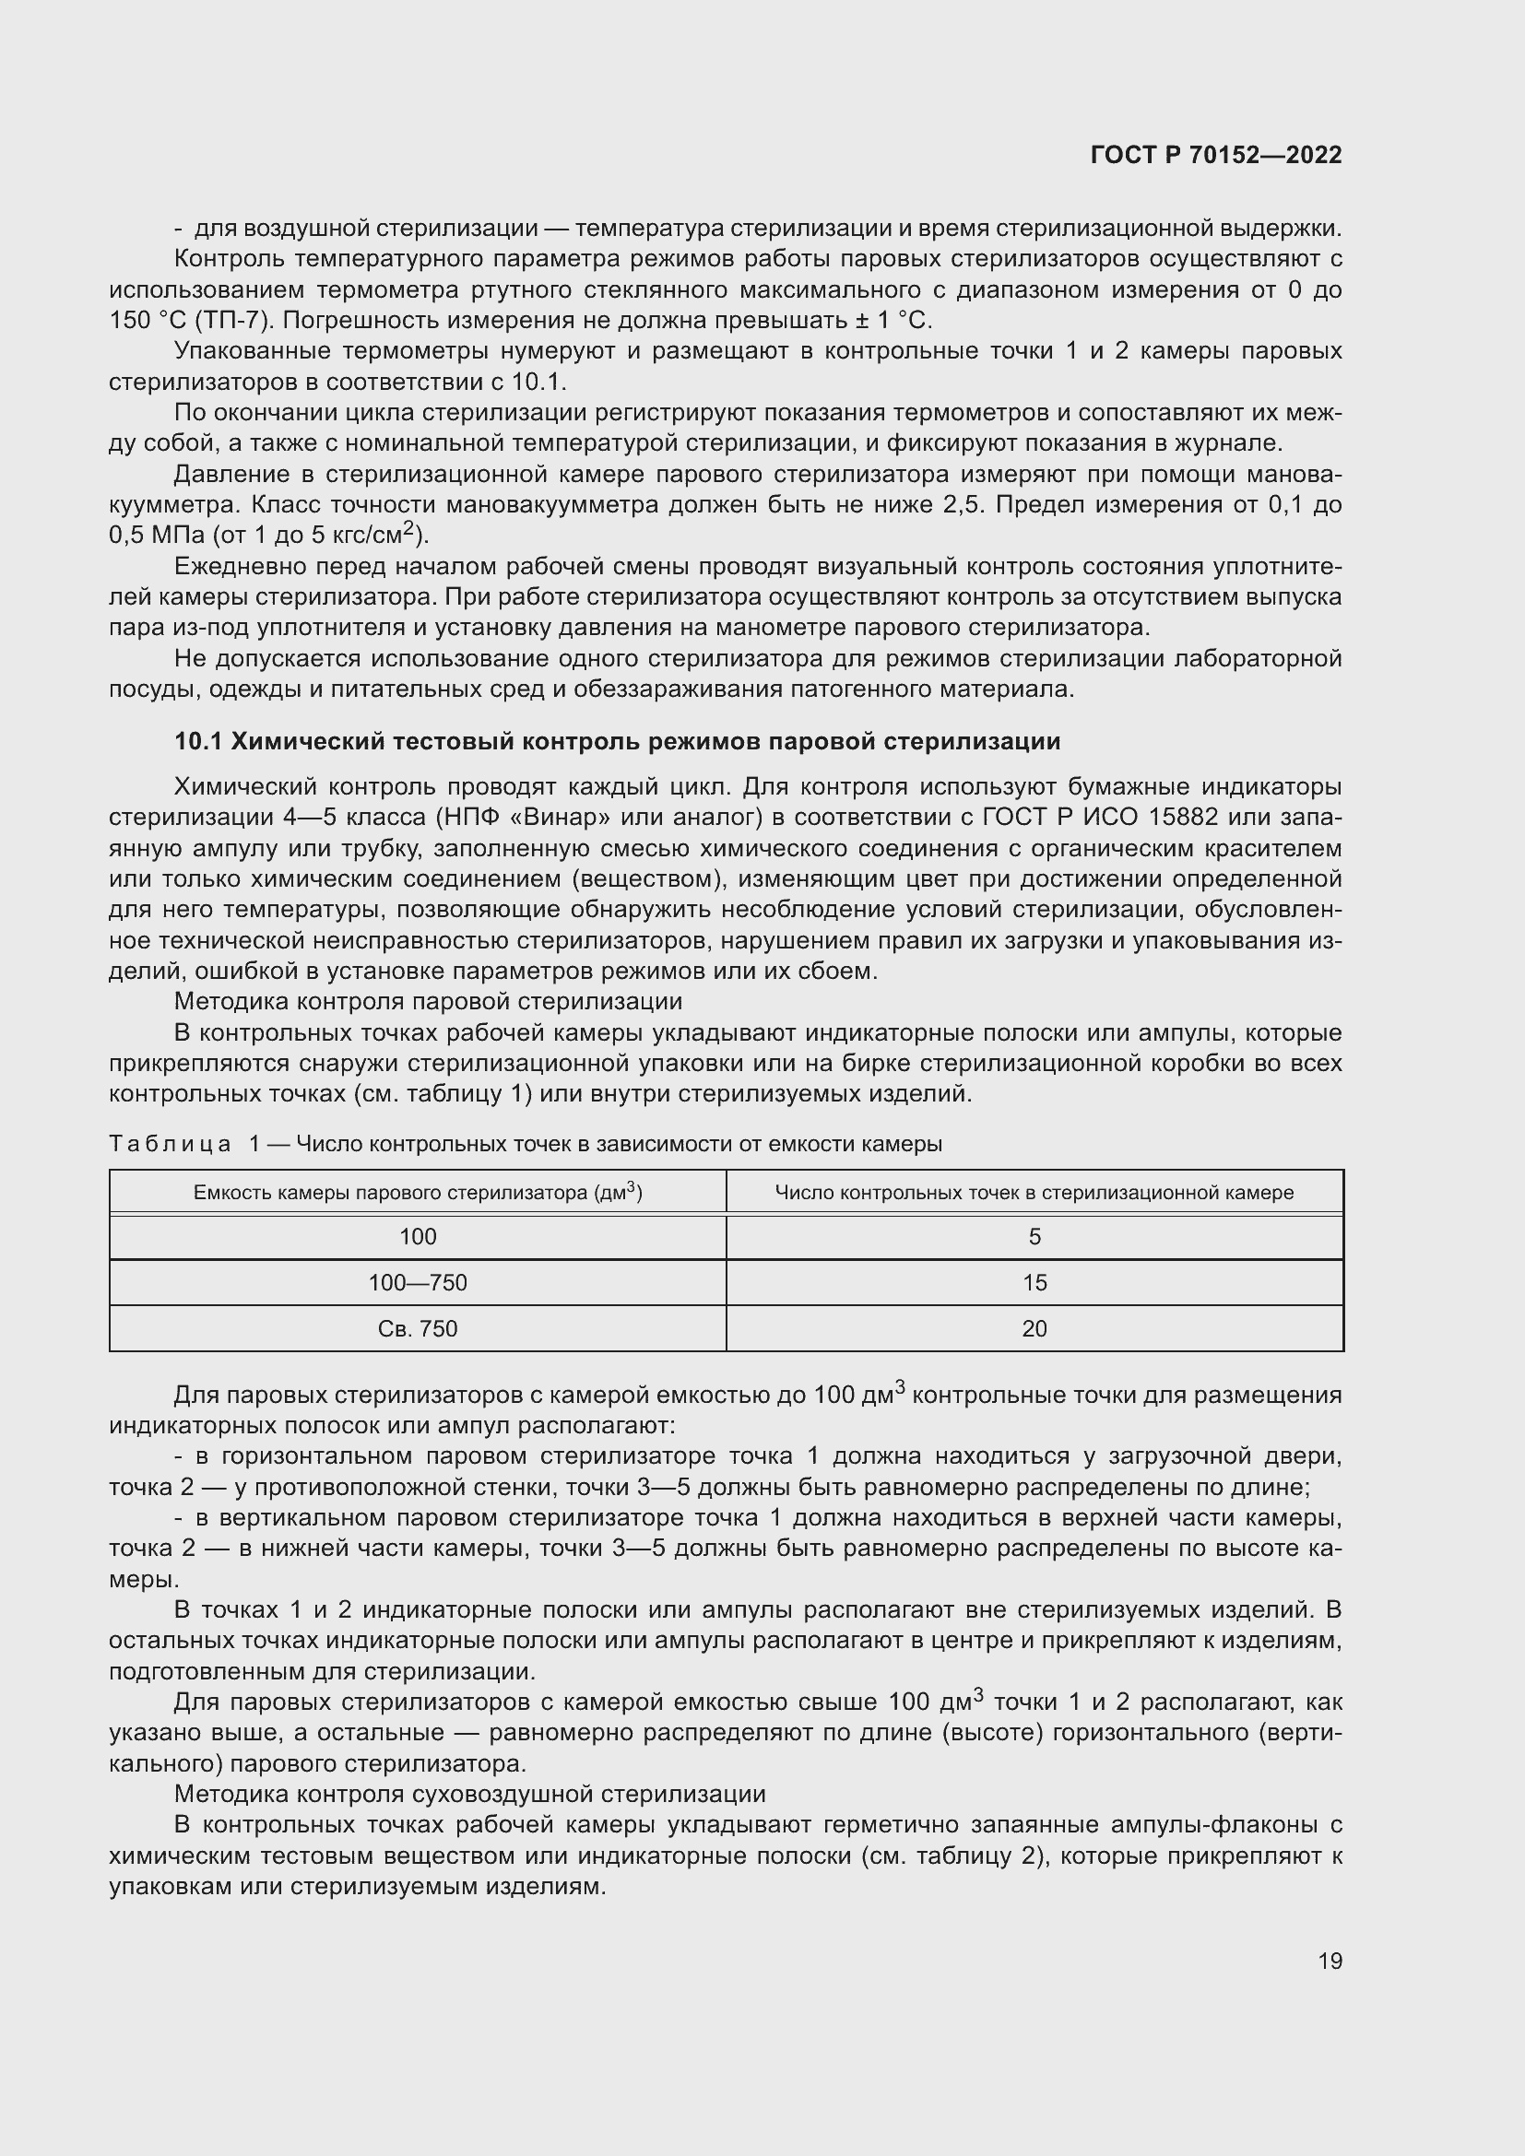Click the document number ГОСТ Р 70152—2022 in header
(1216, 155)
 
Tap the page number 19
(1330, 1961)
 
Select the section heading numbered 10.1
(617, 741)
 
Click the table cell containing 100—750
(418, 1283)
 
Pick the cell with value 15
(1034, 1283)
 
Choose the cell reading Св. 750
(418, 1329)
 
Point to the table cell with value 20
(1034, 1329)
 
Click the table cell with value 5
(1034, 1237)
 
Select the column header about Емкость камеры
(418, 1193)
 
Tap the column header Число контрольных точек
(1034, 1193)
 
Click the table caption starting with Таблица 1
(526, 1144)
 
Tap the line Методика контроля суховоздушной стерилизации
(469, 1795)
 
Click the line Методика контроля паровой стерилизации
(428, 1002)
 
